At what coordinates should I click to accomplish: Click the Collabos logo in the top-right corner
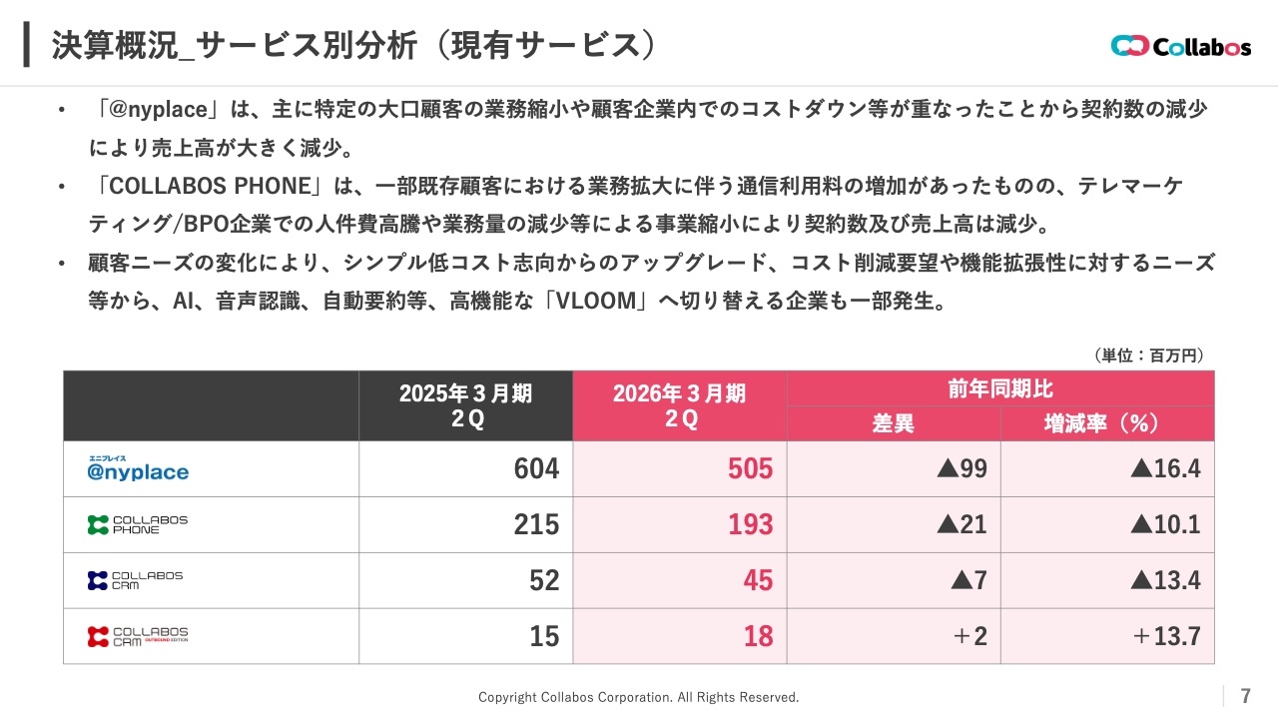1180,46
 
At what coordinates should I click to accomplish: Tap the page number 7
1245,696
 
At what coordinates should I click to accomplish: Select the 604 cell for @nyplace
536,468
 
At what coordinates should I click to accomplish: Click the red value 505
750,468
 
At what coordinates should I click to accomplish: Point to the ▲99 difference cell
961,468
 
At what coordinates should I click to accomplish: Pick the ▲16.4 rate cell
1165,468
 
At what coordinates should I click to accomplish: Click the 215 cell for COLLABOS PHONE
536,524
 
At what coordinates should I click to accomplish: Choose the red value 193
750,524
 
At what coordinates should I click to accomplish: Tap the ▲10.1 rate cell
1165,524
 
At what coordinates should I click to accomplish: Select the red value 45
758,580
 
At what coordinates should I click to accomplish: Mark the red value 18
758,636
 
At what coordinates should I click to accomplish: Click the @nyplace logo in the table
138,468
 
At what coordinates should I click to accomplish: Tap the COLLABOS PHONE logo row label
138,524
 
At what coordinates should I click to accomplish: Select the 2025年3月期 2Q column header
465,405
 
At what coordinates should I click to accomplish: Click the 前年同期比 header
999,388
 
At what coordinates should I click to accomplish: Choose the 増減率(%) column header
1106,423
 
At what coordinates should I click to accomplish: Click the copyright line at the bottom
638,697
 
